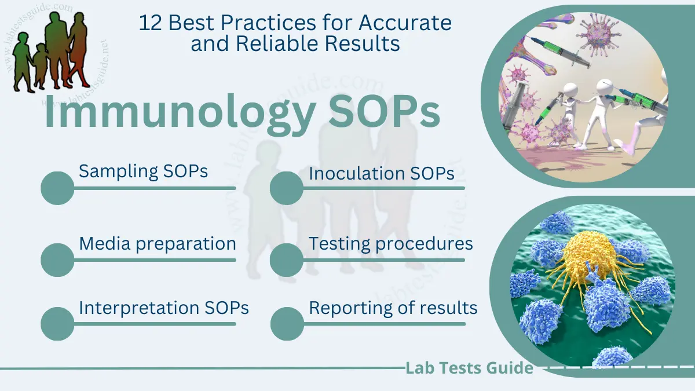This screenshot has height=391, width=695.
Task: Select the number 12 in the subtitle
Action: point(150,24)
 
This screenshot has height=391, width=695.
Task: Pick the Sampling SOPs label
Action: point(143,171)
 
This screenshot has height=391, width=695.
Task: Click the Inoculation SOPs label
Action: point(381,173)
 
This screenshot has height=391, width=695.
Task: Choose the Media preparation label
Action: point(157,244)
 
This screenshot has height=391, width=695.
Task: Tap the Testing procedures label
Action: point(390,244)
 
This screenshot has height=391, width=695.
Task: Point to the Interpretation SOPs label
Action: point(164,308)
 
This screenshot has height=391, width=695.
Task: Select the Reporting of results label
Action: point(393,308)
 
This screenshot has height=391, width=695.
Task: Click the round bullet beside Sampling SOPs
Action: point(58,188)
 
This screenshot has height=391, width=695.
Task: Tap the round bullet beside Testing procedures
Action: point(287,260)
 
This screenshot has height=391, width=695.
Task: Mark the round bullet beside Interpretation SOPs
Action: point(58,323)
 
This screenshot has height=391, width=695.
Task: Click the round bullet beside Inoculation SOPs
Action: point(287,188)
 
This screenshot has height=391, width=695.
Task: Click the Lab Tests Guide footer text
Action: point(469,368)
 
